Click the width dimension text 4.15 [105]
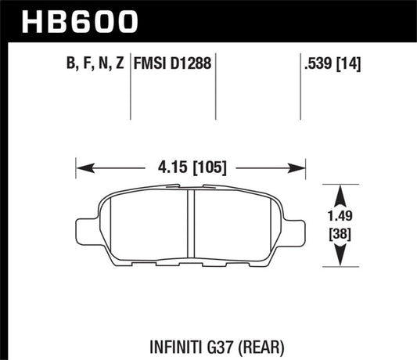pyautogui.click(x=189, y=167)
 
